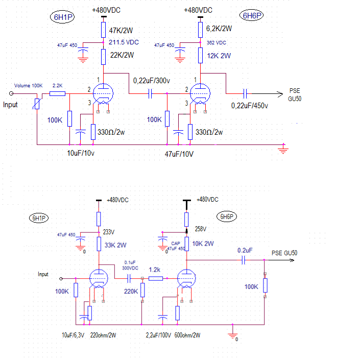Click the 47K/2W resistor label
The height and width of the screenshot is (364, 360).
(x=121, y=31)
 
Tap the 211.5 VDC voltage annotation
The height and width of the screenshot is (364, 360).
(x=124, y=42)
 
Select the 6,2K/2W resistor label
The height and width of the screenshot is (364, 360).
(x=219, y=29)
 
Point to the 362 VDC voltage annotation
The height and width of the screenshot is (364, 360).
(x=217, y=43)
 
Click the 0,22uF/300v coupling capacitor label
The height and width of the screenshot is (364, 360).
(x=152, y=81)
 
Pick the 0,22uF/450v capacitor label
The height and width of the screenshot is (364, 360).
(x=249, y=106)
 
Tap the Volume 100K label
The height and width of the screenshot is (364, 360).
(x=28, y=86)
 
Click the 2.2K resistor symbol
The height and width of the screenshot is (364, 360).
(x=57, y=93)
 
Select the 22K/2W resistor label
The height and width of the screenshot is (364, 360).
(x=122, y=55)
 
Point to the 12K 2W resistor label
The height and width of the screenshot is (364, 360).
(x=219, y=56)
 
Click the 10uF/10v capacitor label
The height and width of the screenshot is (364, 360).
(x=81, y=153)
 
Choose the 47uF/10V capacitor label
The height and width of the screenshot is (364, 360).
(x=179, y=154)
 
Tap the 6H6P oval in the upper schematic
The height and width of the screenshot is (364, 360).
(x=252, y=15)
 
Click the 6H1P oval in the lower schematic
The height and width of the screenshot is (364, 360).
(x=39, y=218)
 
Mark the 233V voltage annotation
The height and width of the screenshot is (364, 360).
(x=109, y=232)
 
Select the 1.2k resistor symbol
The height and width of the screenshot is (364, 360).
(x=156, y=278)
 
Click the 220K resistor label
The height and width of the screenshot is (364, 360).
(x=131, y=292)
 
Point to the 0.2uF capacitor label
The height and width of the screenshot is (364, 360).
(x=245, y=251)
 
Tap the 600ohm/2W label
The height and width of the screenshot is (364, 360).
(x=187, y=335)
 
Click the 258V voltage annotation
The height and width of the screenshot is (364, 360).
(x=201, y=229)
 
